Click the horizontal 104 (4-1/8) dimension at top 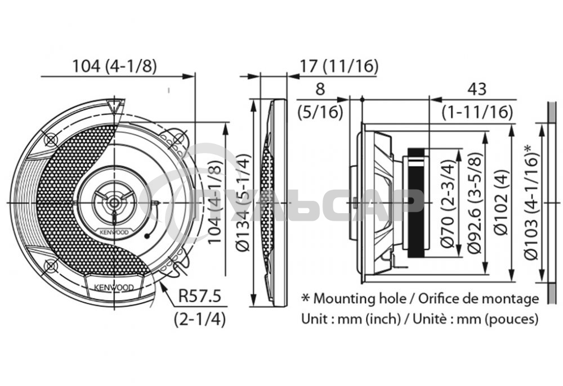click(x=114, y=66)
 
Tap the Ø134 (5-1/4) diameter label click(x=243, y=201)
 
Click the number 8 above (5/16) click(x=320, y=89)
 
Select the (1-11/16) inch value click(x=477, y=112)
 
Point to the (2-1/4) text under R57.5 click(x=200, y=319)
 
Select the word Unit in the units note click(x=315, y=319)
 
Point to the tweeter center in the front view click(x=114, y=201)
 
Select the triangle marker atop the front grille click(x=114, y=104)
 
